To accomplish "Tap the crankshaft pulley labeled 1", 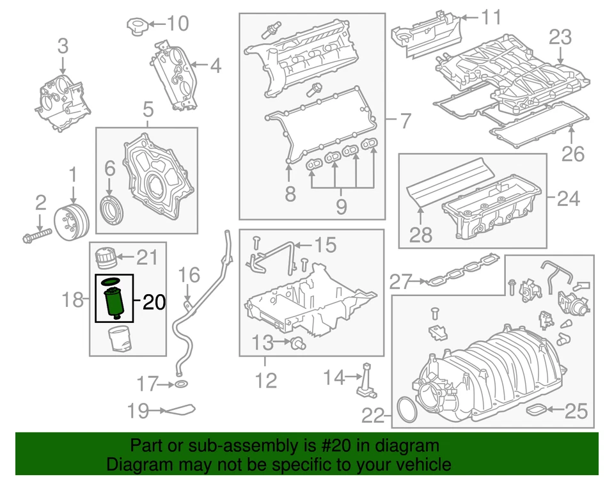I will [x=71, y=221].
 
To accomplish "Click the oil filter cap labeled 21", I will [x=104, y=259].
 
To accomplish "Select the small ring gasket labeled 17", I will [x=181, y=384].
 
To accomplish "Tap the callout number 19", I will [x=138, y=411].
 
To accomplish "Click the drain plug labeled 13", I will [x=297, y=344].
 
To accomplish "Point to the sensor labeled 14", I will [x=366, y=380].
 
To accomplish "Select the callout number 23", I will [x=560, y=38].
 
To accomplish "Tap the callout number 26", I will [x=572, y=153].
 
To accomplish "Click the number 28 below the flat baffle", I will [x=420, y=235].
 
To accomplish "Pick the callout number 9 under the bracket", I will [x=340, y=206].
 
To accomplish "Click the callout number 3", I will [x=63, y=46].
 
